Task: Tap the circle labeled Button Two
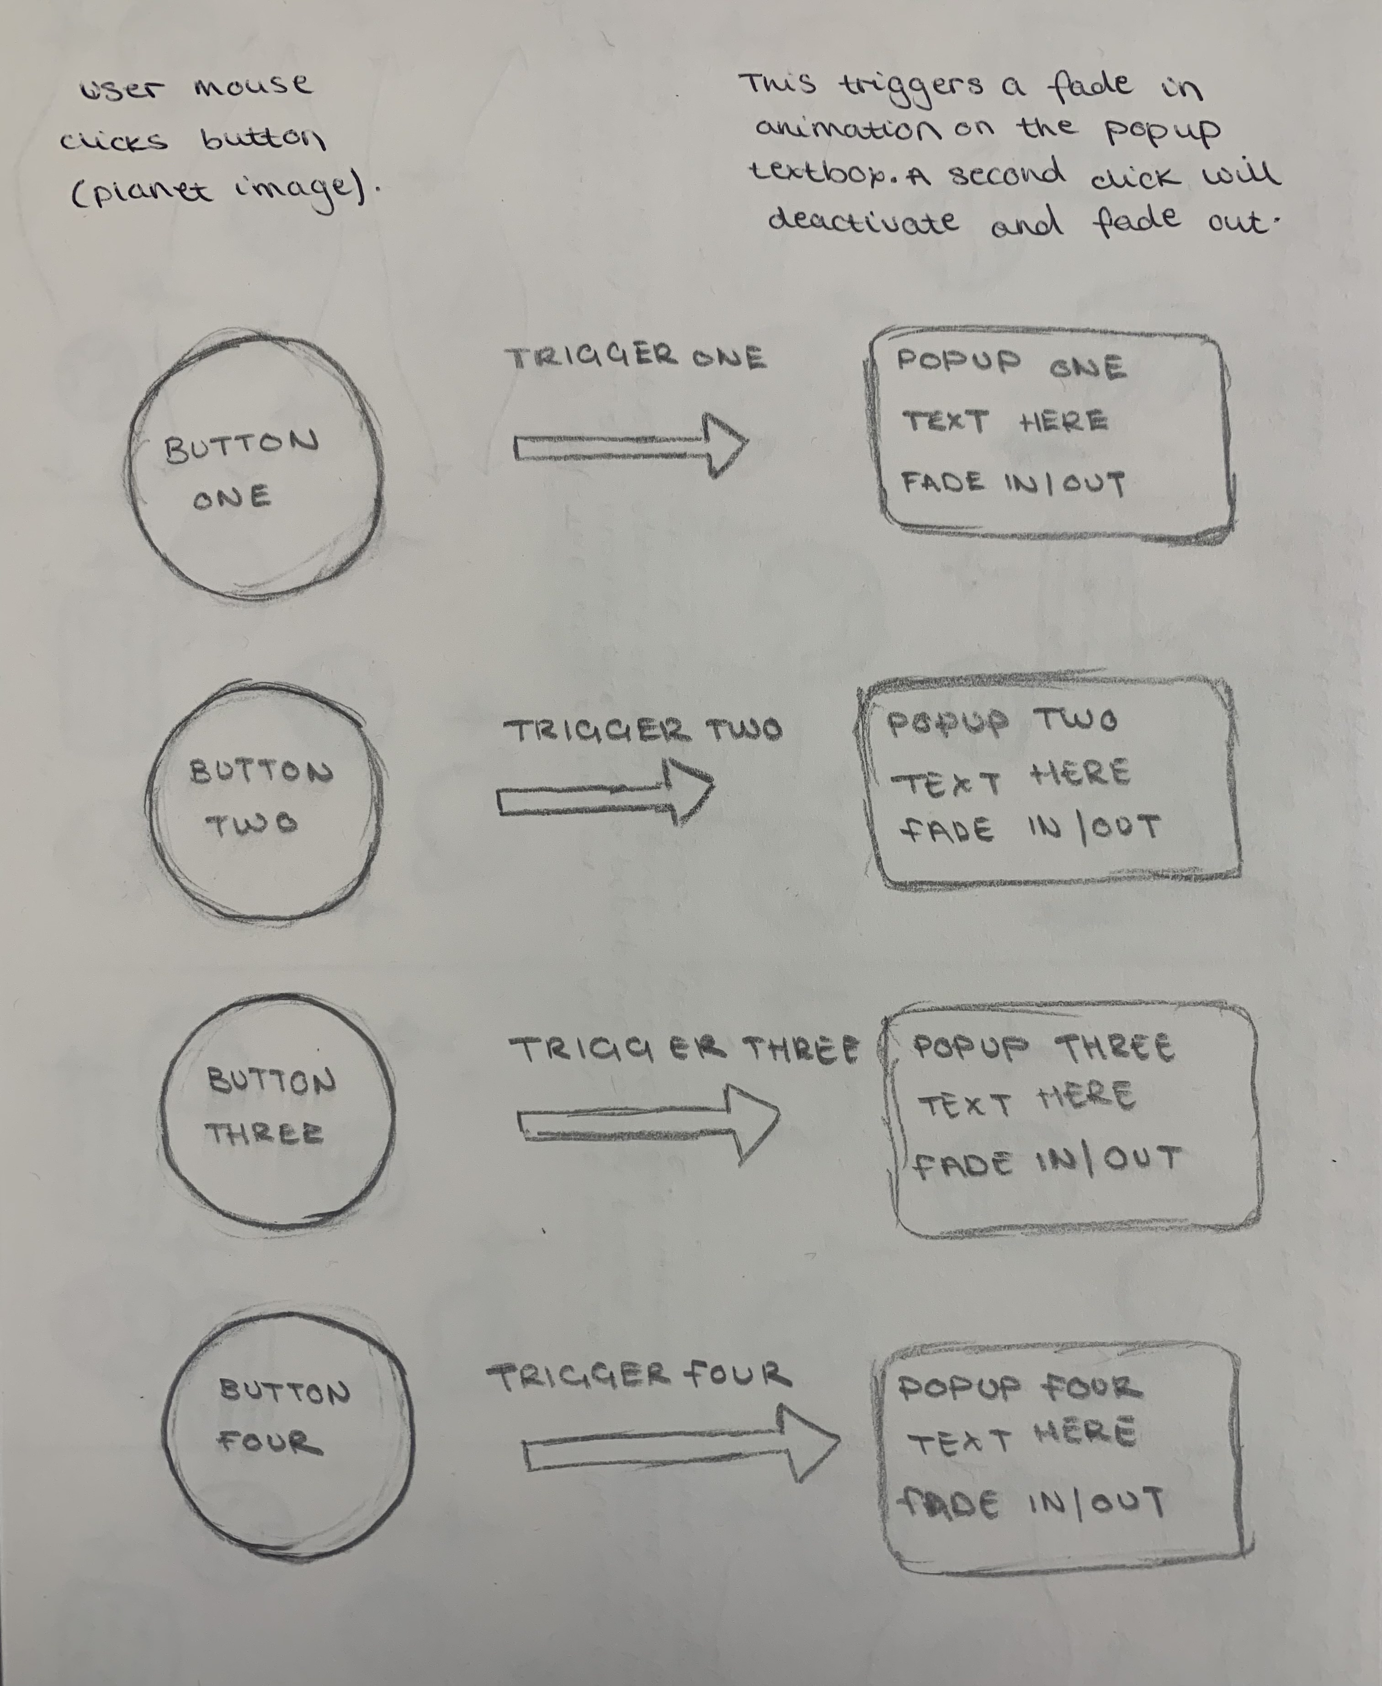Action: (x=147, y=804)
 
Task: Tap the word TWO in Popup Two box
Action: (x=1076, y=721)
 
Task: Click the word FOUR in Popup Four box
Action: (x=1092, y=1388)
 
